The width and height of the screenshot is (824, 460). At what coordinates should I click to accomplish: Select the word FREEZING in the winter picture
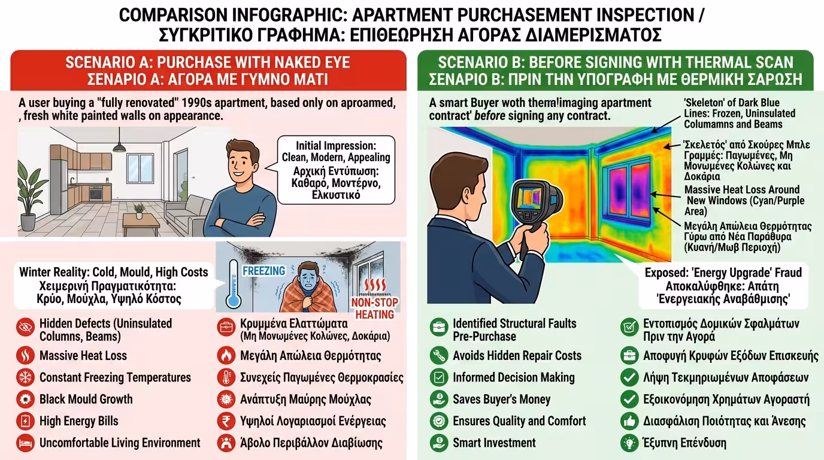(263, 271)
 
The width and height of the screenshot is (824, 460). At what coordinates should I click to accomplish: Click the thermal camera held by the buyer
(537, 198)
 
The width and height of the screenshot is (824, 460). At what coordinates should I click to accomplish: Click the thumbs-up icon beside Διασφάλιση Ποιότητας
(629, 421)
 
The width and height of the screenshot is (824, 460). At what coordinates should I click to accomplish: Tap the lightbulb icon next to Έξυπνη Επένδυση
(629, 443)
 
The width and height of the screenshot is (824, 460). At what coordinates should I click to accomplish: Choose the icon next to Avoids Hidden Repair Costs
(439, 356)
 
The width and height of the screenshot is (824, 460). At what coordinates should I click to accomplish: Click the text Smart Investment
(494, 443)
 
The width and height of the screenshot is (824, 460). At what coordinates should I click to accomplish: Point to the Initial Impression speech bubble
(336, 170)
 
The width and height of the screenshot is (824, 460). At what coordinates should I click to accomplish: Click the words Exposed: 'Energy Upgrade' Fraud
(723, 273)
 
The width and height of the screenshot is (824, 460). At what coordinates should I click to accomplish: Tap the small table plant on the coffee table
(139, 210)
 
